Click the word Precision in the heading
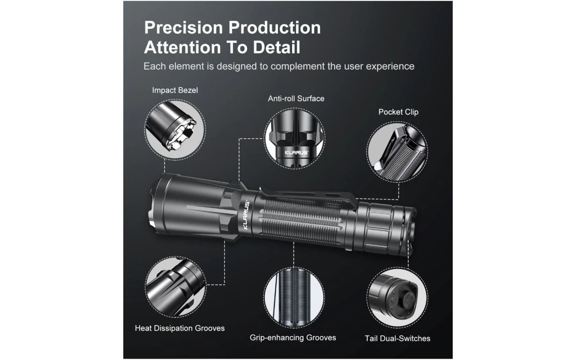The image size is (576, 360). coord(183,28)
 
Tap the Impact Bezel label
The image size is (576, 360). coord(175,90)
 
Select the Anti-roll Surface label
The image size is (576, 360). coord(296,98)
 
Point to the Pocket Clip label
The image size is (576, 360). coord(398,112)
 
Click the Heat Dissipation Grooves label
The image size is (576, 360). coord(180,328)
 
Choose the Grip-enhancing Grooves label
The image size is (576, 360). coord(293,338)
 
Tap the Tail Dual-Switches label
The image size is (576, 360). coord(398,338)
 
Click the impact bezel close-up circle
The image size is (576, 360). coord(175,129)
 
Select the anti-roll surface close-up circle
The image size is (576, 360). coord(295,138)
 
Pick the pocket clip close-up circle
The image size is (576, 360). coord(398,152)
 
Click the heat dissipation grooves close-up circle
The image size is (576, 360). coord(176,287)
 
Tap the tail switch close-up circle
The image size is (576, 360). coord(398,298)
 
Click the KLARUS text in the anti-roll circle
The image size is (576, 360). coord(297,152)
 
